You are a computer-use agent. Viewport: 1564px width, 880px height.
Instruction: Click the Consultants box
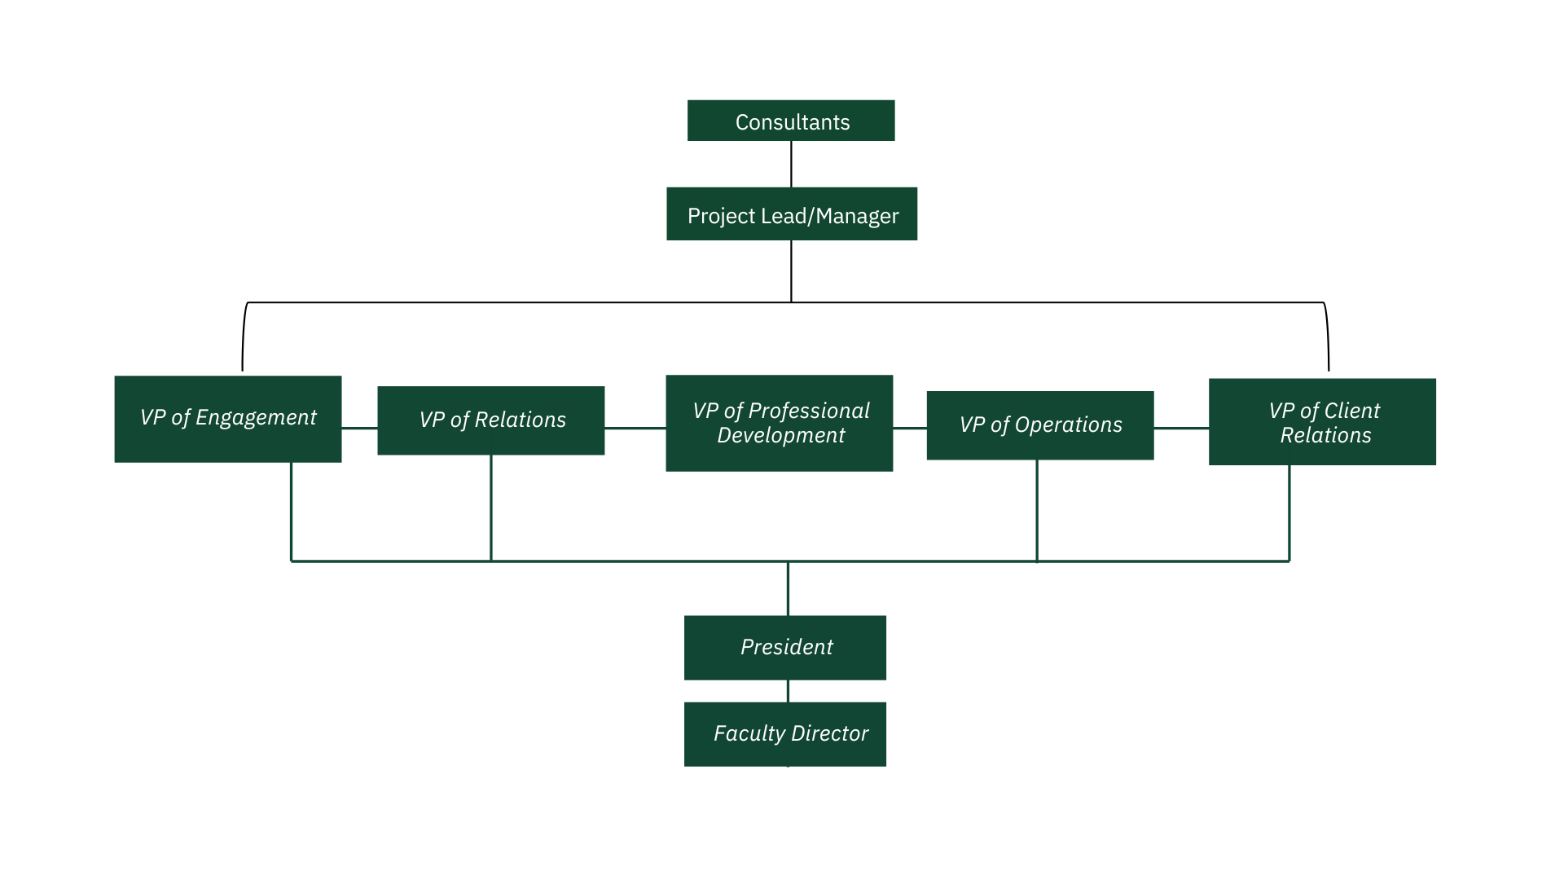click(x=791, y=121)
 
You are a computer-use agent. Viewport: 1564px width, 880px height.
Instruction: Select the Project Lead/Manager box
click(x=792, y=214)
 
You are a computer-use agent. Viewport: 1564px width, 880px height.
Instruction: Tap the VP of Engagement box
click(x=228, y=419)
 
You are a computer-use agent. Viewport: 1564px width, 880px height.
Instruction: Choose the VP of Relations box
click(x=491, y=420)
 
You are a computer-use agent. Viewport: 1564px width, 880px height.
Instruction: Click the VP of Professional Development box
click(x=780, y=423)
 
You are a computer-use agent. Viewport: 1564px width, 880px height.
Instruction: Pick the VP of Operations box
click(x=1040, y=425)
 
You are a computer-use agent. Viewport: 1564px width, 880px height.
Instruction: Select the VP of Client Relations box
click(x=1322, y=422)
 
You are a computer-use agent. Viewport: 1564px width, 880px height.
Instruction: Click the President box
click(x=785, y=648)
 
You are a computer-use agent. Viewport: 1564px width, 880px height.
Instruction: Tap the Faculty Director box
click(x=785, y=734)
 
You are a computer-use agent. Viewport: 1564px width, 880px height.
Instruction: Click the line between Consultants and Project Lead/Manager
click(x=791, y=165)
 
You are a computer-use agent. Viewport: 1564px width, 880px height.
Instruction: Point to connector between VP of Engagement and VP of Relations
click(x=359, y=428)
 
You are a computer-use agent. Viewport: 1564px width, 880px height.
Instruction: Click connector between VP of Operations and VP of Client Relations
click(x=1181, y=428)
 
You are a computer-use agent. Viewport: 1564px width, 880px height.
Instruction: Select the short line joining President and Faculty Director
click(x=788, y=691)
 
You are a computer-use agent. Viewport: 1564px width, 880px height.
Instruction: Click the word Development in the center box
click(x=780, y=436)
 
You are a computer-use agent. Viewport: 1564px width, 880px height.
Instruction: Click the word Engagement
click(x=256, y=418)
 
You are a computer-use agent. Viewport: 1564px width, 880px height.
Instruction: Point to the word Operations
click(x=1068, y=425)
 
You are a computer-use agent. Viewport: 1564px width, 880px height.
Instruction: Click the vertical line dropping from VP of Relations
click(x=491, y=508)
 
